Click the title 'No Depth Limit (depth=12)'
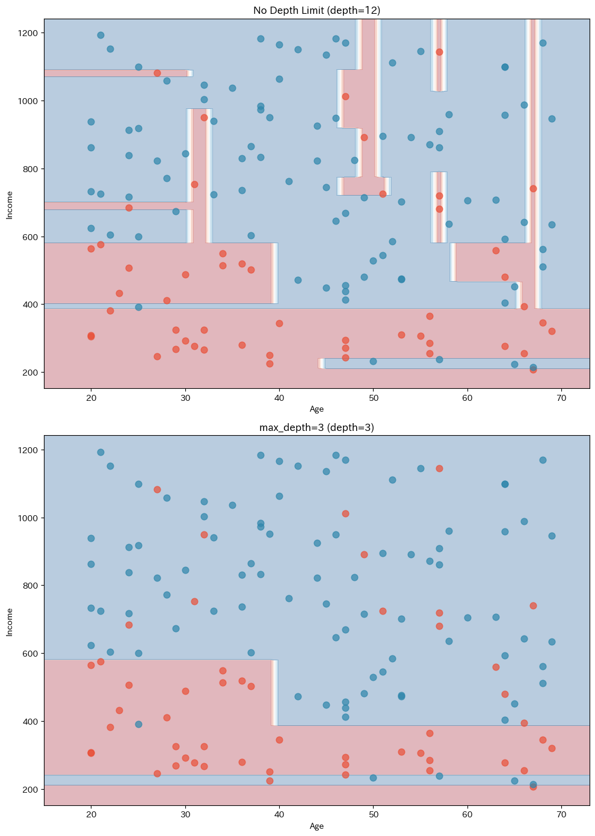tap(316, 10)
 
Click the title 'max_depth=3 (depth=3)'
tap(316, 427)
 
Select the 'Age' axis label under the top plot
tap(316, 409)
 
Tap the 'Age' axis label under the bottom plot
tap(316, 826)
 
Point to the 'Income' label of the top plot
tap(10, 204)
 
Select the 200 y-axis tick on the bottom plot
tap(30, 789)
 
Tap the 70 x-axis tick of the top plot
tap(561, 398)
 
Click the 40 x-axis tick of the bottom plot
tap(279, 815)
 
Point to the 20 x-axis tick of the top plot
tap(91, 398)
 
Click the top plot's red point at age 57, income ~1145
tap(439, 52)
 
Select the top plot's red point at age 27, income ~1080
tap(157, 73)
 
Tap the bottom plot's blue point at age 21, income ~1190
tap(100, 452)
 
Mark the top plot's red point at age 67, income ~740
tap(533, 188)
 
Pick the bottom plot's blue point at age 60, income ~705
tap(467, 618)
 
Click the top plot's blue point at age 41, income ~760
tap(289, 181)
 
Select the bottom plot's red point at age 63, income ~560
tap(496, 667)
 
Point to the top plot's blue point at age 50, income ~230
tap(373, 361)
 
